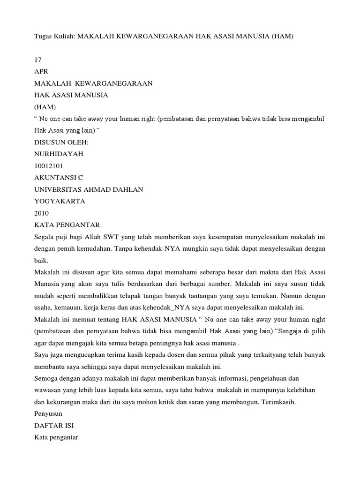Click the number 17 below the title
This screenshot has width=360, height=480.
[x=38, y=60]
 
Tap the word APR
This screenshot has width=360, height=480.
[x=42, y=72]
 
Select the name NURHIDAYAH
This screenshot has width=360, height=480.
[x=59, y=154]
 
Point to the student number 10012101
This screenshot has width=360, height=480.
[x=49, y=166]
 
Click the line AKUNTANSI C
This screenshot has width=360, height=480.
[x=59, y=178]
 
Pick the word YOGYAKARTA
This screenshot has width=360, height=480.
[x=60, y=201]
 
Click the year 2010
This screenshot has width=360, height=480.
[x=42, y=213]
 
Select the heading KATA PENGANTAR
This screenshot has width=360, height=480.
[x=67, y=225]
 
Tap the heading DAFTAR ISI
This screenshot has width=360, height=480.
[x=54, y=426]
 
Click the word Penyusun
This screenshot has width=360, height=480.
[x=48, y=414]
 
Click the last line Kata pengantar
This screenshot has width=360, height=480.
[x=56, y=437]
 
